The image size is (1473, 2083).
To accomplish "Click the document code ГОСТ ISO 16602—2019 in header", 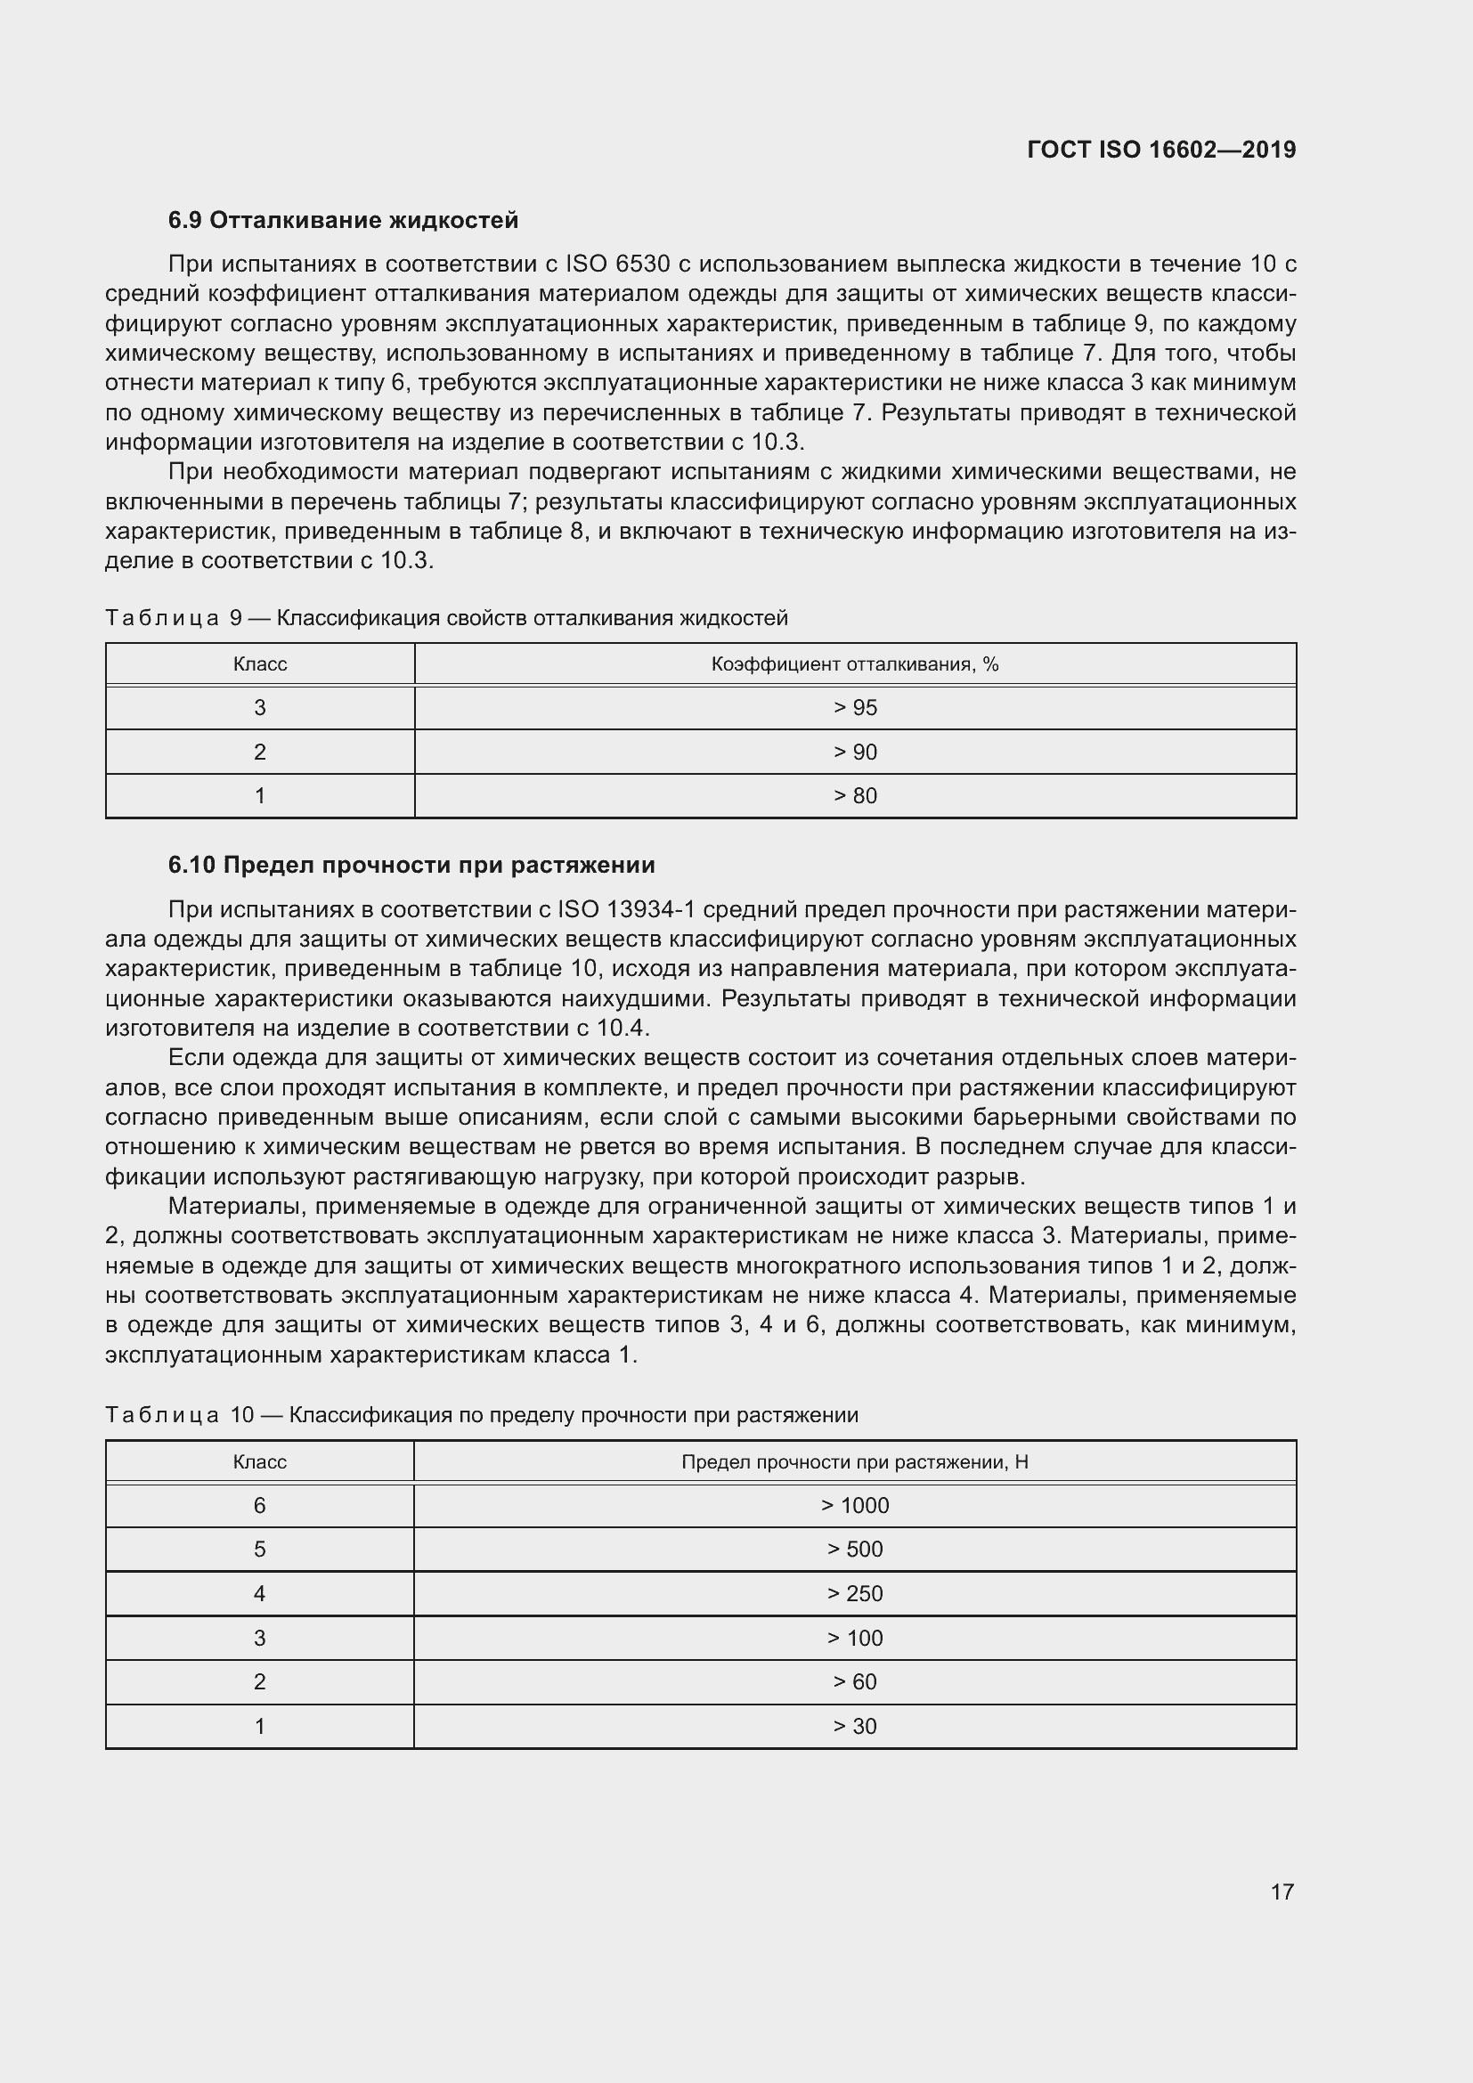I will click(x=1161, y=150).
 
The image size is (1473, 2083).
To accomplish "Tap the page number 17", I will click(x=1282, y=1892).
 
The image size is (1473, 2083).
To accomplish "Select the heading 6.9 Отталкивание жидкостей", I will click(x=343, y=221).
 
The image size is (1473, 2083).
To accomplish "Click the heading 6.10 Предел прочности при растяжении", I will click(x=411, y=865).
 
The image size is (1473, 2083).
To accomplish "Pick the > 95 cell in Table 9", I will click(x=854, y=708).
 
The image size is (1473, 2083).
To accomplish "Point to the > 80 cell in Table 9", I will click(x=854, y=795).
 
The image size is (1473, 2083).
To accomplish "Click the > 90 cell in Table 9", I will click(x=854, y=753).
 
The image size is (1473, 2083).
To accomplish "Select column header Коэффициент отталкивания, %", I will click(x=854, y=664).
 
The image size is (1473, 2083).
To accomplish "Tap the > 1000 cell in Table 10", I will click(x=854, y=1505).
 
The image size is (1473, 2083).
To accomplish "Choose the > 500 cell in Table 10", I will click(x=854, y=1549).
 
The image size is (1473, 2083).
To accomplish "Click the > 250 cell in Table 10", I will click(x=854, y=1593).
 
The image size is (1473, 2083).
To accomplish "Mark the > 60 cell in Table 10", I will click(x=854, y=1681).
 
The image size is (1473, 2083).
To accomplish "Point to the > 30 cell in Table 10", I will click(x=854, y=1726).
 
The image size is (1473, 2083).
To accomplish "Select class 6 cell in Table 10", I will click(x=259, y=1505).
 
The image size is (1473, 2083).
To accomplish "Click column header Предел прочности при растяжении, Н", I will click(x=854, y=1461).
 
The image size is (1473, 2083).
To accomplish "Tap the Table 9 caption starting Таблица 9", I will click(x=446, y=619).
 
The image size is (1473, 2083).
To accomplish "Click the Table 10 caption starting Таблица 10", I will click(x=481, y=1415).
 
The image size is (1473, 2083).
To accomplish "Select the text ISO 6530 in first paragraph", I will click(x=617, y=264).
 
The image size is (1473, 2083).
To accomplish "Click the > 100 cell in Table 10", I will click(x=854, y=1638).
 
